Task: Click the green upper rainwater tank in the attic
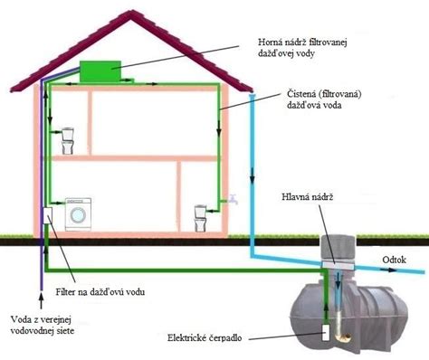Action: tap(100, 71)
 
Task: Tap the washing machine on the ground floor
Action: tap(79, 214)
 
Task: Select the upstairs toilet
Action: tap(68, 141)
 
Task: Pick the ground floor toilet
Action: tap(200, 218)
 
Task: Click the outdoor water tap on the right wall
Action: tap(233, 199)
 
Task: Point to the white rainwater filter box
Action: tap(48, 216)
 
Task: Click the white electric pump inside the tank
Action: tap(326, 333)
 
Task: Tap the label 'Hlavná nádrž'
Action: tap(308, 197)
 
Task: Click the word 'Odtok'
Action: tap(394, 260)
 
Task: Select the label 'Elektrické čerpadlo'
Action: tap(205, 337)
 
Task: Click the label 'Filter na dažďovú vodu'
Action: tap(100, 291)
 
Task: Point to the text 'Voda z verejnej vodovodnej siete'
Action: tap(43, 325)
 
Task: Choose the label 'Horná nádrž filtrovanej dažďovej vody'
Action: tap(302, 48)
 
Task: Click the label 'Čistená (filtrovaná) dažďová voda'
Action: tap(324, 99)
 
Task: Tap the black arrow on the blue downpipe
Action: tap(253, 177)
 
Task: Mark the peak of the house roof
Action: tap(131, 12)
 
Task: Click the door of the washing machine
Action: tap(79, 215)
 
